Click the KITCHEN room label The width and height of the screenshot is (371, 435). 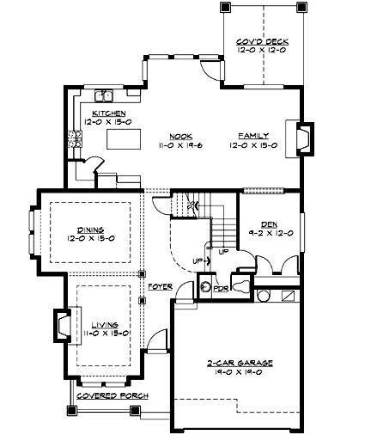(111, 113)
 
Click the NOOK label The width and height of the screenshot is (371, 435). (179, 136)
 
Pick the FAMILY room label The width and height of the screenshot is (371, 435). (253, 136)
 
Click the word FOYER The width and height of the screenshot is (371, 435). (160, 285)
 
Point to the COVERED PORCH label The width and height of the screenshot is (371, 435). (111, 395)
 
